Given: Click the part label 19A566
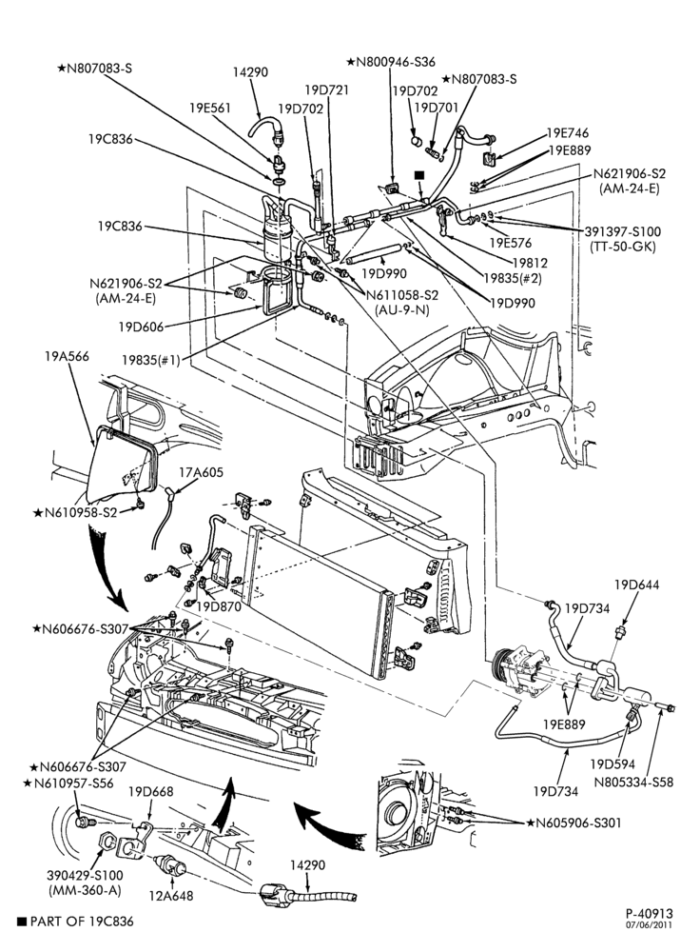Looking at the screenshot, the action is click(67, 356).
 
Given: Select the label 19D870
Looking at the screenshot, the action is click(219, 605).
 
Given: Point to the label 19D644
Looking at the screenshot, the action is click(636, 585).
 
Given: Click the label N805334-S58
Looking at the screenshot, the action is click(633, 782).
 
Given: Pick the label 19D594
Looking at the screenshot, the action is click(612, 764).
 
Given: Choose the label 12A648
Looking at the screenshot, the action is click(171, 896).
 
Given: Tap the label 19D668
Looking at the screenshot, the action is click(151, 792).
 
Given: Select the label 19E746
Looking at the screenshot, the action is click(568, 133).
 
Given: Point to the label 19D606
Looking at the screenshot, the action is click(142, 327).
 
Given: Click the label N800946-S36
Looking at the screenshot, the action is click(391, 62).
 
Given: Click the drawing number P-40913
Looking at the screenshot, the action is click(650, 914).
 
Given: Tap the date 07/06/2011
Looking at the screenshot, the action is click(650, 925).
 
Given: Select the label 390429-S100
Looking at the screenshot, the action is click(85, 876).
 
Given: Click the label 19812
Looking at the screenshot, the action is click(530, 263).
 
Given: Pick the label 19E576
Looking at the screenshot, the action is click(511, 243).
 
